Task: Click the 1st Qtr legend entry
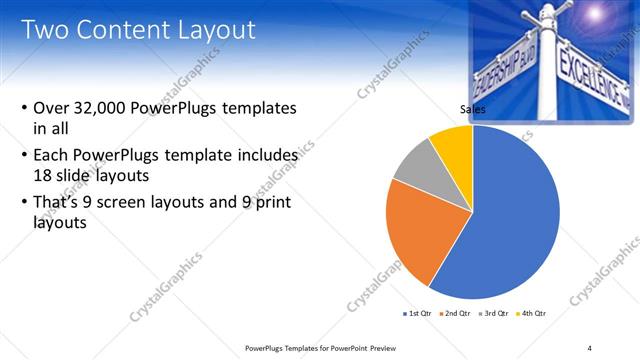(x=415, y=313)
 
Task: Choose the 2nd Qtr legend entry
(x=456, y=313)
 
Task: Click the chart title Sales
(x=472, y=109)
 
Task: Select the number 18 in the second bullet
(x=44, y=174)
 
